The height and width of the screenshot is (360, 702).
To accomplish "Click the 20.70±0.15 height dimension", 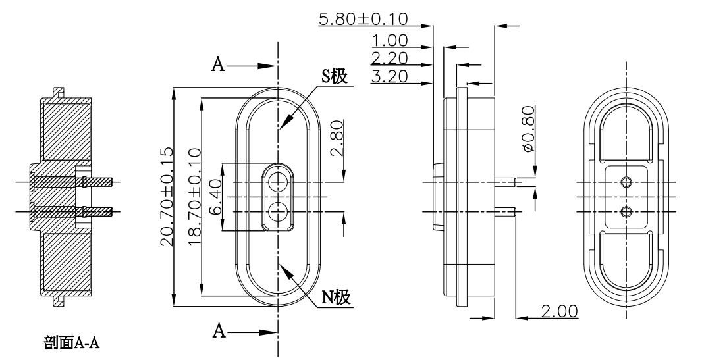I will coord(166,197).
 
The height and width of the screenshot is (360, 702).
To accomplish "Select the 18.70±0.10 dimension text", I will coord(194,197).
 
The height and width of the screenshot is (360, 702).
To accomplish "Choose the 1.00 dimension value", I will coord(389,41).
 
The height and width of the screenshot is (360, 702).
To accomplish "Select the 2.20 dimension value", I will coord(389,58).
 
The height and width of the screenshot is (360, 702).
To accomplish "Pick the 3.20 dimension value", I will coord(389,76).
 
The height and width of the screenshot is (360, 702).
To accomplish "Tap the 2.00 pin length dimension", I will coord(558,310).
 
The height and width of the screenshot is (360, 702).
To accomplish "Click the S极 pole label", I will coord(335,76).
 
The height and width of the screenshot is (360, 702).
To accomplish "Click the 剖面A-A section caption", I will coord(72,342).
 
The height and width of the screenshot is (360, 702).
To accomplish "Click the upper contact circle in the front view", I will coord(278,182).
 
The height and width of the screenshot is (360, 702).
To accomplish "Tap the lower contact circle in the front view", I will coord(278,211).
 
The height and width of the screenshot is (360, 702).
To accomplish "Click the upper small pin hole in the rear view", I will coord(626,182).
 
